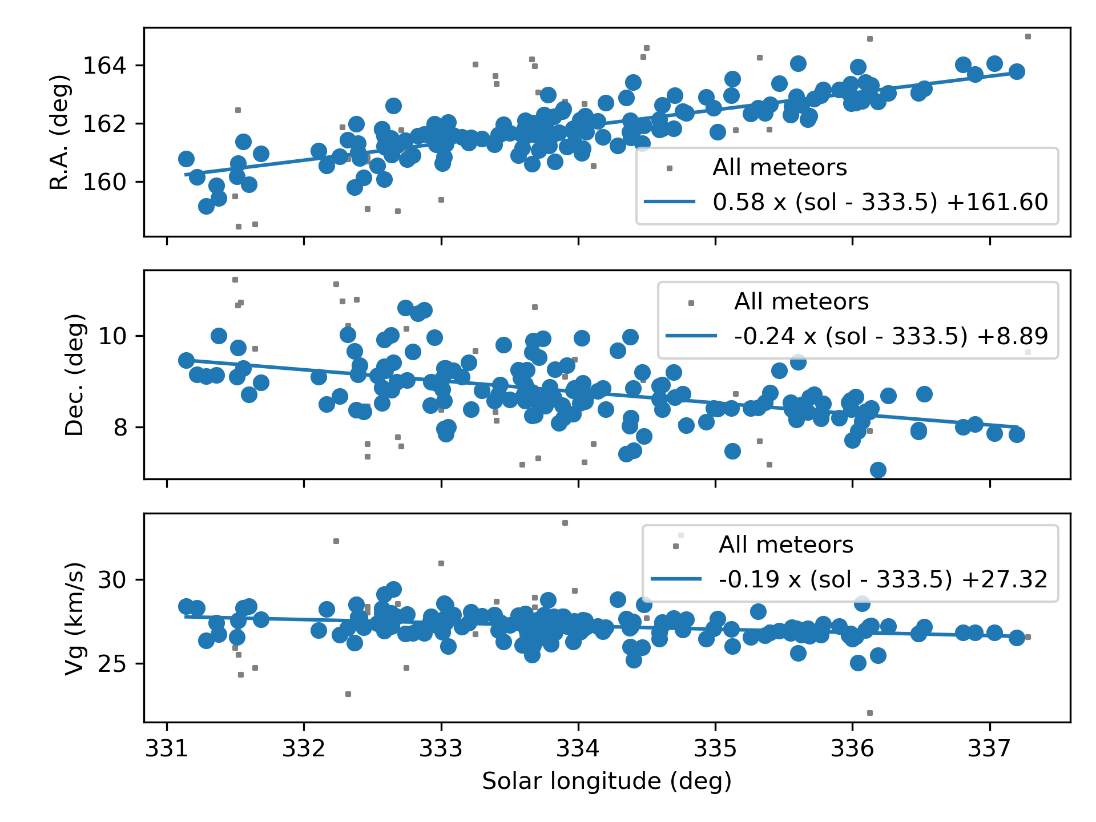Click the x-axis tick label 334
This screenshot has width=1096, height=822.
coord(578,748)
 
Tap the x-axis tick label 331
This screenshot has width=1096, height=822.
coord(167,748)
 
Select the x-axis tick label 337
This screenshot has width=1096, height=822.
coord(989,748)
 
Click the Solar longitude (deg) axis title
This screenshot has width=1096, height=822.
coord(607,781)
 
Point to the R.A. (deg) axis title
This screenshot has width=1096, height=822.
coord(59,132)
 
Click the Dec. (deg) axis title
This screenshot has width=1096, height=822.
coord(74,374)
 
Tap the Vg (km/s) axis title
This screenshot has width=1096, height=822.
coord(74,618)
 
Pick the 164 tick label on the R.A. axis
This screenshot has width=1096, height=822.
coord(104,66)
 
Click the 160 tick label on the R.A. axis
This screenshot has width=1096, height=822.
coord(104,182)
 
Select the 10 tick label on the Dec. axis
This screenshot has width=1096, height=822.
coord(112,336)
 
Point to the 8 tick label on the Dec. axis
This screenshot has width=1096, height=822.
coord(120,428)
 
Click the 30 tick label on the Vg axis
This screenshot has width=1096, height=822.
coord(112,580)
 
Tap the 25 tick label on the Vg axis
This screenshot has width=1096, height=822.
coord(112,664)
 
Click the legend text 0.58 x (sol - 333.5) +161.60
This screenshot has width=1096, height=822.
coord(880,202)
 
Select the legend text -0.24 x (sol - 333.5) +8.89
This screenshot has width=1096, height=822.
coord(891,336)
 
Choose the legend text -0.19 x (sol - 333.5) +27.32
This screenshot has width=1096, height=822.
coord(883,579)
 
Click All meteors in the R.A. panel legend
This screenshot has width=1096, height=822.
coord(780,168)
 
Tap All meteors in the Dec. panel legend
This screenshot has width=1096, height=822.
coord(801,302)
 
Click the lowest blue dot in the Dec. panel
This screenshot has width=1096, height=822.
coord(878,470)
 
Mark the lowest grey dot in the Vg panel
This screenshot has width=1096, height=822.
coord(870,713)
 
